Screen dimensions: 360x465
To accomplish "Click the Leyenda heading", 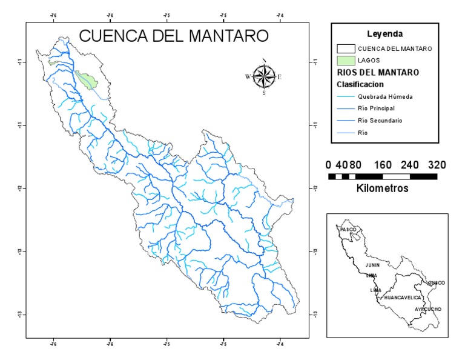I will pos(384,33).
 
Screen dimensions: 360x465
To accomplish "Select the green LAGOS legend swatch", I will pos(345,60).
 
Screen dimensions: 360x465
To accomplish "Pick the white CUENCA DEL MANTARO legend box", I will pos(345,48).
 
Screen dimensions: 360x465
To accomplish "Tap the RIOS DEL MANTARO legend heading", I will pos(378,73).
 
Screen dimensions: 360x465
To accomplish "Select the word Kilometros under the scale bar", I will pos(383,188).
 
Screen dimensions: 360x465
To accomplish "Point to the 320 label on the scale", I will pos(437,164).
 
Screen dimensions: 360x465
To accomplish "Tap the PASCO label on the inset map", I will pos(349,230).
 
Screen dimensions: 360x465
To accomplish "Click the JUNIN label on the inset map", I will pos(372,265).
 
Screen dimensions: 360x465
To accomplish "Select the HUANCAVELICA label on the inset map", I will pos(401,298).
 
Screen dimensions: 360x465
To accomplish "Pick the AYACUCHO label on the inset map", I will pos(428,309).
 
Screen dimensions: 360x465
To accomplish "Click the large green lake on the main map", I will pos(89,81).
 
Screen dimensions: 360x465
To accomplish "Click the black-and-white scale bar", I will pos(383,176).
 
